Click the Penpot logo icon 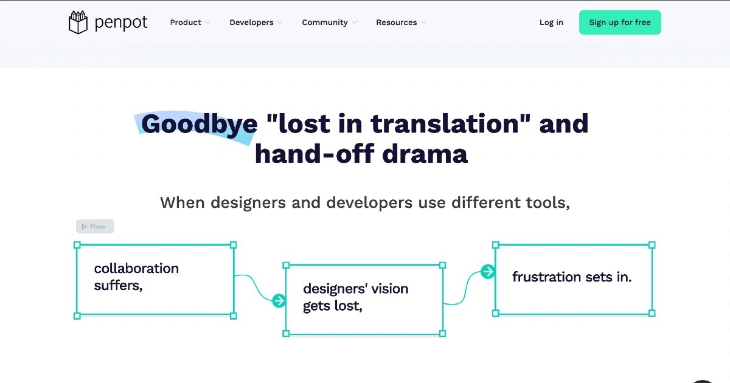(x=78, y=22)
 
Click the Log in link (x=551, y=22)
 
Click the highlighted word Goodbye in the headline (x=199, y=124)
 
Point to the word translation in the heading (x=445, y=124)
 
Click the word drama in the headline (x=425, y=154)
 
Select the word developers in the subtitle (x=369, y=202)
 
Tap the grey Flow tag (x=95, y=226)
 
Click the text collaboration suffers (x=136, y=277)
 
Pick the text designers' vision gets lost (x=355, y=297)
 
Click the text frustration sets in (x=572, y=277)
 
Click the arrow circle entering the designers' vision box (x=279, y=301)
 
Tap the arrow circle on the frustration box (x=488, y=271)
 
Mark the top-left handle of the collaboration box (x=77, y=245)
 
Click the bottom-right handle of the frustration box (x=652, y=313)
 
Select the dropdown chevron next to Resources (x=423, y=22)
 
